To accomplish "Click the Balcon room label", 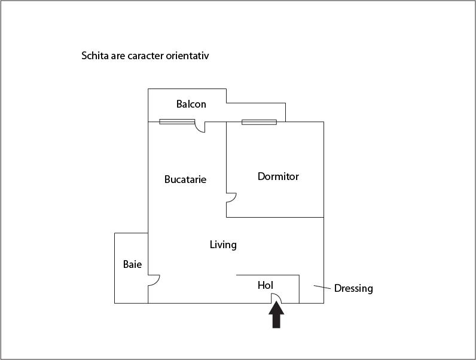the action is coord(191,104).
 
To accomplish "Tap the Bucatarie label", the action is coord(185,179).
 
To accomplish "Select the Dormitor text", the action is coord(278,176).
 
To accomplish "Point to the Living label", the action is coord(223,245).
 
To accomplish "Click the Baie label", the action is coord(132,264).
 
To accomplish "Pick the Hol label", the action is coord(266,285).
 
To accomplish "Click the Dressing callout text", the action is coord(353,288).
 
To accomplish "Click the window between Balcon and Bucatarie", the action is coord(177,122).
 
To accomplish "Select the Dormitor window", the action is coord(260,123).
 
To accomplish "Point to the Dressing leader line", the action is coord(322,287).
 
